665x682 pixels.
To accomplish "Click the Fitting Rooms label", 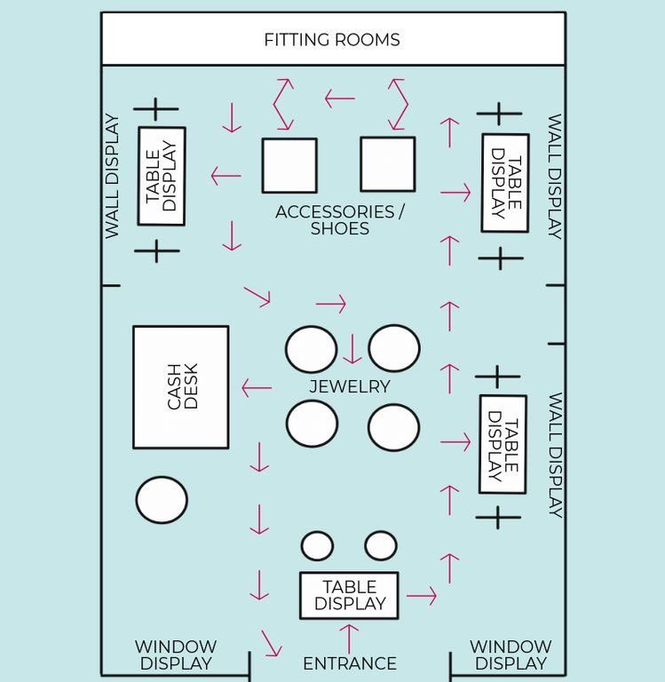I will (332, 40).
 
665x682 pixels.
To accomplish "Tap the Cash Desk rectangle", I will (181, 387).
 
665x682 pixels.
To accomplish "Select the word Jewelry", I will (349, 386).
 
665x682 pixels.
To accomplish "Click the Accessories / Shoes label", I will (339, 220).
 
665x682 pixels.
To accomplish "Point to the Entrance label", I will (349, 663).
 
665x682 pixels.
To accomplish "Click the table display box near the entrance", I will (349, 596).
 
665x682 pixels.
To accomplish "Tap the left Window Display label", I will (176, 655).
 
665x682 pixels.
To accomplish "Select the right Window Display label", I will (511, 655).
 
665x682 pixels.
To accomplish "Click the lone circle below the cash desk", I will (162, 500).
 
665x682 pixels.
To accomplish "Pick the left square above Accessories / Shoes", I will (289, 165).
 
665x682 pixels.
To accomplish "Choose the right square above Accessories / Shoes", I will (387, 164).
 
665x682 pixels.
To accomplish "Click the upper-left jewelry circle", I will (312, 349).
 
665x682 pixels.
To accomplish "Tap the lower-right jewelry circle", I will (393, 427).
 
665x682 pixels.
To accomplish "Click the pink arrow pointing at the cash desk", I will (257, 387).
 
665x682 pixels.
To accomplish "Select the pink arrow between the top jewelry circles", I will (352, 349).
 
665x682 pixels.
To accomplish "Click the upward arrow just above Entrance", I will (350, 638).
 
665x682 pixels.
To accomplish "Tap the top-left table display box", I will (162, 176).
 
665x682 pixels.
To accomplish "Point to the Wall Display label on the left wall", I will (112, 176).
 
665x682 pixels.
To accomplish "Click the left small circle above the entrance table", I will (317, 546).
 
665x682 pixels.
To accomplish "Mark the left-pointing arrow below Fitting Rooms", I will (339, 98).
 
